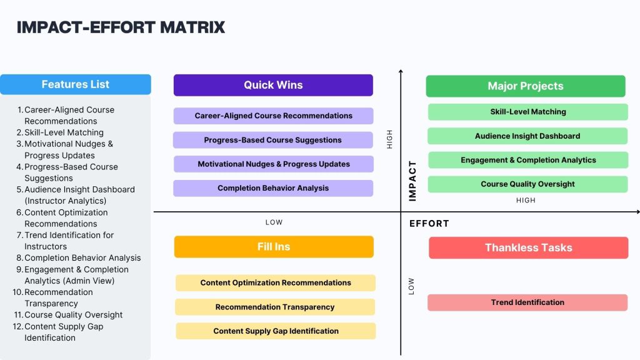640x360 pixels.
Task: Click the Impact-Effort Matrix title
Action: [x=121, y=27]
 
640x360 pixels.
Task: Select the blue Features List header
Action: [x=76, y=84]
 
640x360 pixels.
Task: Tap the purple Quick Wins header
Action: [x=273, y=85]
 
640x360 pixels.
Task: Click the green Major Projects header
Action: [x=526, y=86]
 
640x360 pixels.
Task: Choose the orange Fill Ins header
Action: [x=274, y=247]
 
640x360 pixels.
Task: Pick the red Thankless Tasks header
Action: [x=528, y=248]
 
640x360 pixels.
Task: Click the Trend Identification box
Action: [x=527, y=302]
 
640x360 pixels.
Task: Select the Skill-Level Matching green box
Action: [x=528, y=112]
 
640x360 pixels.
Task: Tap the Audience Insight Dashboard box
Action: [x=527, y=136]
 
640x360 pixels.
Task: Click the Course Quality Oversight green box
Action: [x=527, y=184]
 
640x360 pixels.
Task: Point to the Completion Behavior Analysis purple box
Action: [x=273, y=188]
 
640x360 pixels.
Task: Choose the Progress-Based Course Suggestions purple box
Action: [x=273, y=140]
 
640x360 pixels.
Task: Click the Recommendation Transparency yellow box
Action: [x=275, y=307]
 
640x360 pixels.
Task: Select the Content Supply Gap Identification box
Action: [x=276, y=331]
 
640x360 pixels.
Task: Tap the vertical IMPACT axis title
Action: [x=412, y=181]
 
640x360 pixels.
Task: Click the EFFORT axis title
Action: [x=429, y=224]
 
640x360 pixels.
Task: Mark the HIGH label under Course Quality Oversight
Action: [x=526, y=201]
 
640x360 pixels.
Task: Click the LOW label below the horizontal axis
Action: [x=274, y=222]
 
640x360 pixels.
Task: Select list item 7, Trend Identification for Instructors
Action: [x=69, y=241]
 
